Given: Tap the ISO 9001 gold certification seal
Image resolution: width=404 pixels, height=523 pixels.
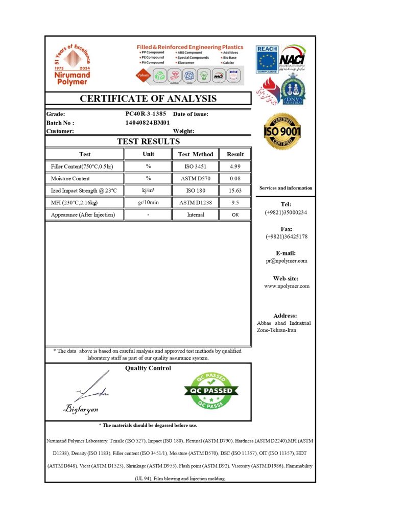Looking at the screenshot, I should click(x=282, y=131).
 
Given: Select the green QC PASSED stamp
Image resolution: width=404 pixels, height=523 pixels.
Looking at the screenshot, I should click(x=211, y=391).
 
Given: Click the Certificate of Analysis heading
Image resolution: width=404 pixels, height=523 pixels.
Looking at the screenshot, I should click(x=148, y=99).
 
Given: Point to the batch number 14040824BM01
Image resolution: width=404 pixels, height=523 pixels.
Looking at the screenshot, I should click(x=147, y=123).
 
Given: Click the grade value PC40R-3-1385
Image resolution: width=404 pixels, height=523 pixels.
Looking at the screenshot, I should click(x=146, y=114).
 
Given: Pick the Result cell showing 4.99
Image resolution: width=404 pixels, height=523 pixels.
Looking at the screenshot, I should click(x=235, y=167).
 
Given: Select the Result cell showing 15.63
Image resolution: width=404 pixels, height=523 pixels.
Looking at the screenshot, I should click(x=235, y=191).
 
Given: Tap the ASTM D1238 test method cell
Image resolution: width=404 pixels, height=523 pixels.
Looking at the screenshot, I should click(x=195, y=203).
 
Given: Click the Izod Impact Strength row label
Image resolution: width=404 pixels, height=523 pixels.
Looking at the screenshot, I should click(x=84, y=191).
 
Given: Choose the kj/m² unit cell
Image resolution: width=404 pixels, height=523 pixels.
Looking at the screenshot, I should click(x=148, y=191).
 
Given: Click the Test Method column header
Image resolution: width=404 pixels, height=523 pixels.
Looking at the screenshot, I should click(x=196, y=154).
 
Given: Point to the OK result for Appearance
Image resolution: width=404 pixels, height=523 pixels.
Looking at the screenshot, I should click(x=235, y=215).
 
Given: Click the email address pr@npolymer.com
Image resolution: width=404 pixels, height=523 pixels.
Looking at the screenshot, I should click(x=286, y=261).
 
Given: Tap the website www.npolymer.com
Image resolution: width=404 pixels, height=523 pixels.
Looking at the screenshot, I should click(x=287, y=286).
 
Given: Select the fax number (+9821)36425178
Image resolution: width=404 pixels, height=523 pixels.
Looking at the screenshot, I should click(x=287, y=236).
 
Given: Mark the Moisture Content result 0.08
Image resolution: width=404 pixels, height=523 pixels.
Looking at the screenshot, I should click(x=235, y=179).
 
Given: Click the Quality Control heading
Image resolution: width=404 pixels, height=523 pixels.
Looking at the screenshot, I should click(x=148, y=368).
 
